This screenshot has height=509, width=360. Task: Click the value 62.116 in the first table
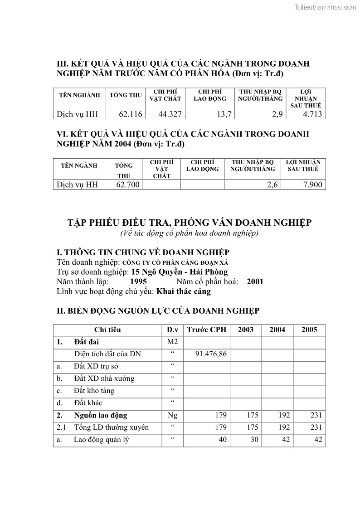click(x=130, y=114)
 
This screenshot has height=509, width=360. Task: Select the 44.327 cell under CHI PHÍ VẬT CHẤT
click(x=170, y=114)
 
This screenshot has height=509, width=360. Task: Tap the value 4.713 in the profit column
click(x=312, y=114)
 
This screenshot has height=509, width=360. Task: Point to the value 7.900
click(x=312, y=184)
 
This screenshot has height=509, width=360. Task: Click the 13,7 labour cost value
click(x=224, y=114)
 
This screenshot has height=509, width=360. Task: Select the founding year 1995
click(x=135, y=281)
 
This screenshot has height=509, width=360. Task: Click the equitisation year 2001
click(x=255, y=281)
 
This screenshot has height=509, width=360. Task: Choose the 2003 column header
click(x=246, y=330)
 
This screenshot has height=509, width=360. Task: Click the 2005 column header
click(x=309, y=330)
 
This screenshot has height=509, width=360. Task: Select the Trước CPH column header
click(x=206, y=330)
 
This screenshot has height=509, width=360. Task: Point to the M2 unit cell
click(x=172, y=342)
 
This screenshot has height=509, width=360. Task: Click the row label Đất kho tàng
click(x=94, y=391)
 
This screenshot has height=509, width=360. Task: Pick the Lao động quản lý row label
click(x=101, y=440)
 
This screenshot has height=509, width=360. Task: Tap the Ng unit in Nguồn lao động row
click(x=172, y=415)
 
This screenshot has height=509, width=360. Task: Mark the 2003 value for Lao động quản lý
click(x=253, y=440)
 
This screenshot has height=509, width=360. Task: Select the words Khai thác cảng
click(x=184, y=291)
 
